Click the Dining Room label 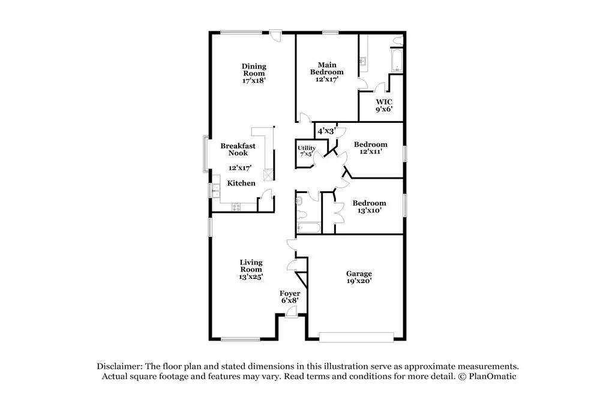click(254, 70)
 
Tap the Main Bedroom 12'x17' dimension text click(327, 80)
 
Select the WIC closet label click(384, 102)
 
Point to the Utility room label click(307, 148)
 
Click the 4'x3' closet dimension click(326, 131)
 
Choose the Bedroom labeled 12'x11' click(370, 145)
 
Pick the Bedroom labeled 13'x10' click(369, 203)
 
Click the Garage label click(359, 274)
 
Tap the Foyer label click(290, 294)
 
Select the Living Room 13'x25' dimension click(251, 277)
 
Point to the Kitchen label click(241, 183)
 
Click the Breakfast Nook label click(238, 149)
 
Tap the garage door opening click(356, 337)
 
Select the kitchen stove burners click(236, 207)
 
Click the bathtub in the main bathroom click(397, 60)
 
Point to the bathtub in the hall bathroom click(309, 228)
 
